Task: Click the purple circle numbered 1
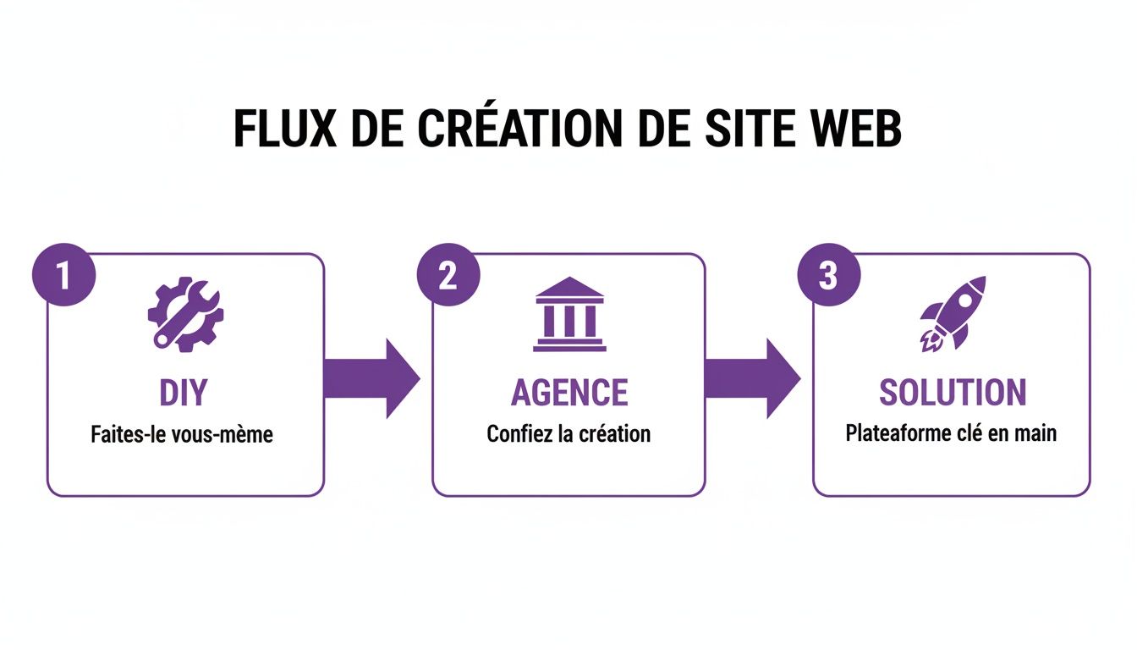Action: pyautogui.click(x=63, y=276)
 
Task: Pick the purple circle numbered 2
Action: pyautogui.click(x=448, y=276)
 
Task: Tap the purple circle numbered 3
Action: pyautogui.click(x=829, y=276)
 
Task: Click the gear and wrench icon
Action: pyautogui.click(x=185, y=314)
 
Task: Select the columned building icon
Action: pyautogui.click(x=569, y=314)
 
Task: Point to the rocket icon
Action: pyautogui.click(x=953, y=312)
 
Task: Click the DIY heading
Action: pyautogui.click(x=184, y=393)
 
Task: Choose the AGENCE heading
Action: pyautogui.click(x=569, y=393)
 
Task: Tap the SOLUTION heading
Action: pyautogui.click(x=953, y=393)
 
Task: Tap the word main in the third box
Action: pyautogui.click(x=1036, y=433)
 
